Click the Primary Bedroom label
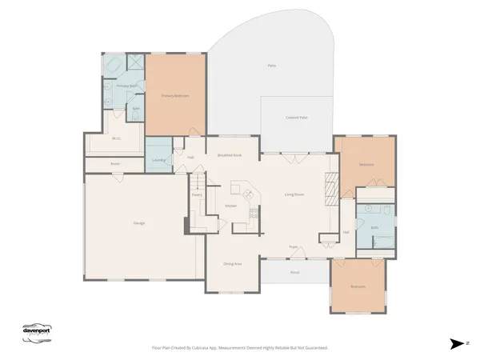click(x=175, y=95)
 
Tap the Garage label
click(x=128, y=222)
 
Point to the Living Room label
click(x=294, y=194)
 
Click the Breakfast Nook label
click(x=230, y=155)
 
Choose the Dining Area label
click(x=233, y=262)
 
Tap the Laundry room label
click(x=158, y=159)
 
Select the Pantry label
click(x=197, y=194)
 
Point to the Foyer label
click(x=294, y=246)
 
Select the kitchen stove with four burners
click(x=254, y=213)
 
